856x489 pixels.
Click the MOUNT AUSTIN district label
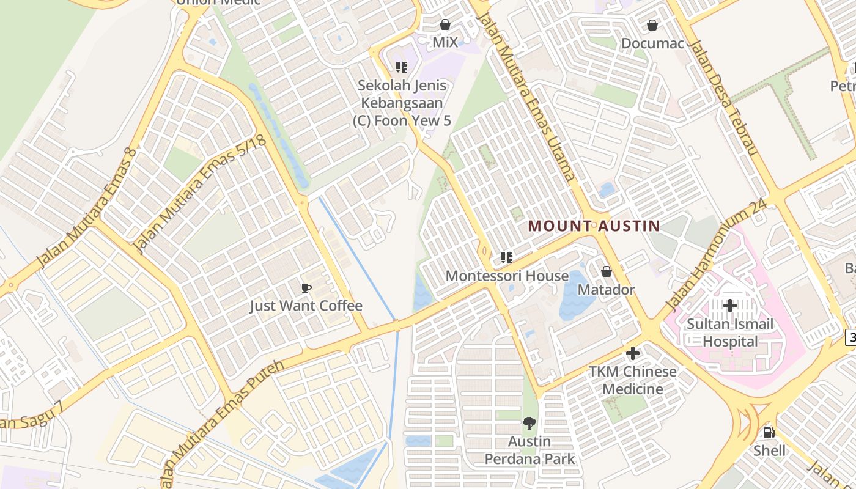pyautogui.click(x=594, y=226)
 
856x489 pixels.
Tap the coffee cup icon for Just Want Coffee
pyautogui.click(x=306, y=288)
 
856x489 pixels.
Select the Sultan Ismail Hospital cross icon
pyautogui.click(x=729, y=305)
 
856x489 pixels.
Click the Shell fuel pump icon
pyautogui.click(x=769, y=433)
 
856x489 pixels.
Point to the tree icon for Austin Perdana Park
pyautogui.click(x=529, y=423)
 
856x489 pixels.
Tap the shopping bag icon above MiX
pyautogui.click(x=445, y=25)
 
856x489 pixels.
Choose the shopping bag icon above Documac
pyautogui.click(x=652, y=25)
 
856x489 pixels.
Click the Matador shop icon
pyautogui.click(x=606, y=271)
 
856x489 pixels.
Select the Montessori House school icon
pyautogui.click(x=506, y=258)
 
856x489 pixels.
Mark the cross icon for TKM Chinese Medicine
pyautogui.click(x=633, y=353)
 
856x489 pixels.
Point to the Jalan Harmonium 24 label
pyautogui.click(x=716, y=254)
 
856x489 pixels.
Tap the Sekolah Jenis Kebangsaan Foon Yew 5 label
pyautogui.click(x=402, y=103)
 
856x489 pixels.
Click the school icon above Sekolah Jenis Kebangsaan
pyautogui.click(x=401, y=67)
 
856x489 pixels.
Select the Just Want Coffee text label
pyautogui.click(x=306, y=306)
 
